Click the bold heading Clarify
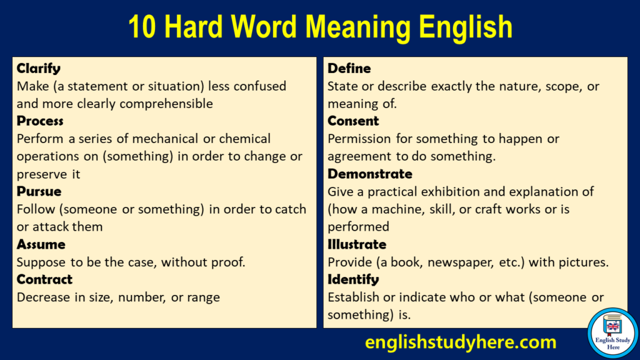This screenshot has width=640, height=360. click(x=38, y=69)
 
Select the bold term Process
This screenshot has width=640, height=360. click(x=40, y=121)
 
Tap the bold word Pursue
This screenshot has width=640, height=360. click(x=39, y=191)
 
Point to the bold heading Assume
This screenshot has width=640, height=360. click(x=41, y=244)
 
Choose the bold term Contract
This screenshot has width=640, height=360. click(x=44, y=279)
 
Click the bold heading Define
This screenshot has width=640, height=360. click(x=349, y=69)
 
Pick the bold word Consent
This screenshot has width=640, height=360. click(x=353, y=121)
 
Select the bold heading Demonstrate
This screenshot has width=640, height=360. click(x=370, y=174)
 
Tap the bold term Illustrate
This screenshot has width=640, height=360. click(x=357, y=244)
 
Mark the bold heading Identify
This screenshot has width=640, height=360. click(x=353, y=279)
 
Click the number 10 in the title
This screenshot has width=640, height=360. click(x=142, y=27)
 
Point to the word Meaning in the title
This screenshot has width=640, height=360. click(x=358, y=27)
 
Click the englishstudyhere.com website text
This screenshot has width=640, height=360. click(x=461, y=342)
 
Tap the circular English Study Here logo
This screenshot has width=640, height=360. click(x=612, y=333)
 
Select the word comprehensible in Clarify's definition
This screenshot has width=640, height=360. click(x=166, y=104)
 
